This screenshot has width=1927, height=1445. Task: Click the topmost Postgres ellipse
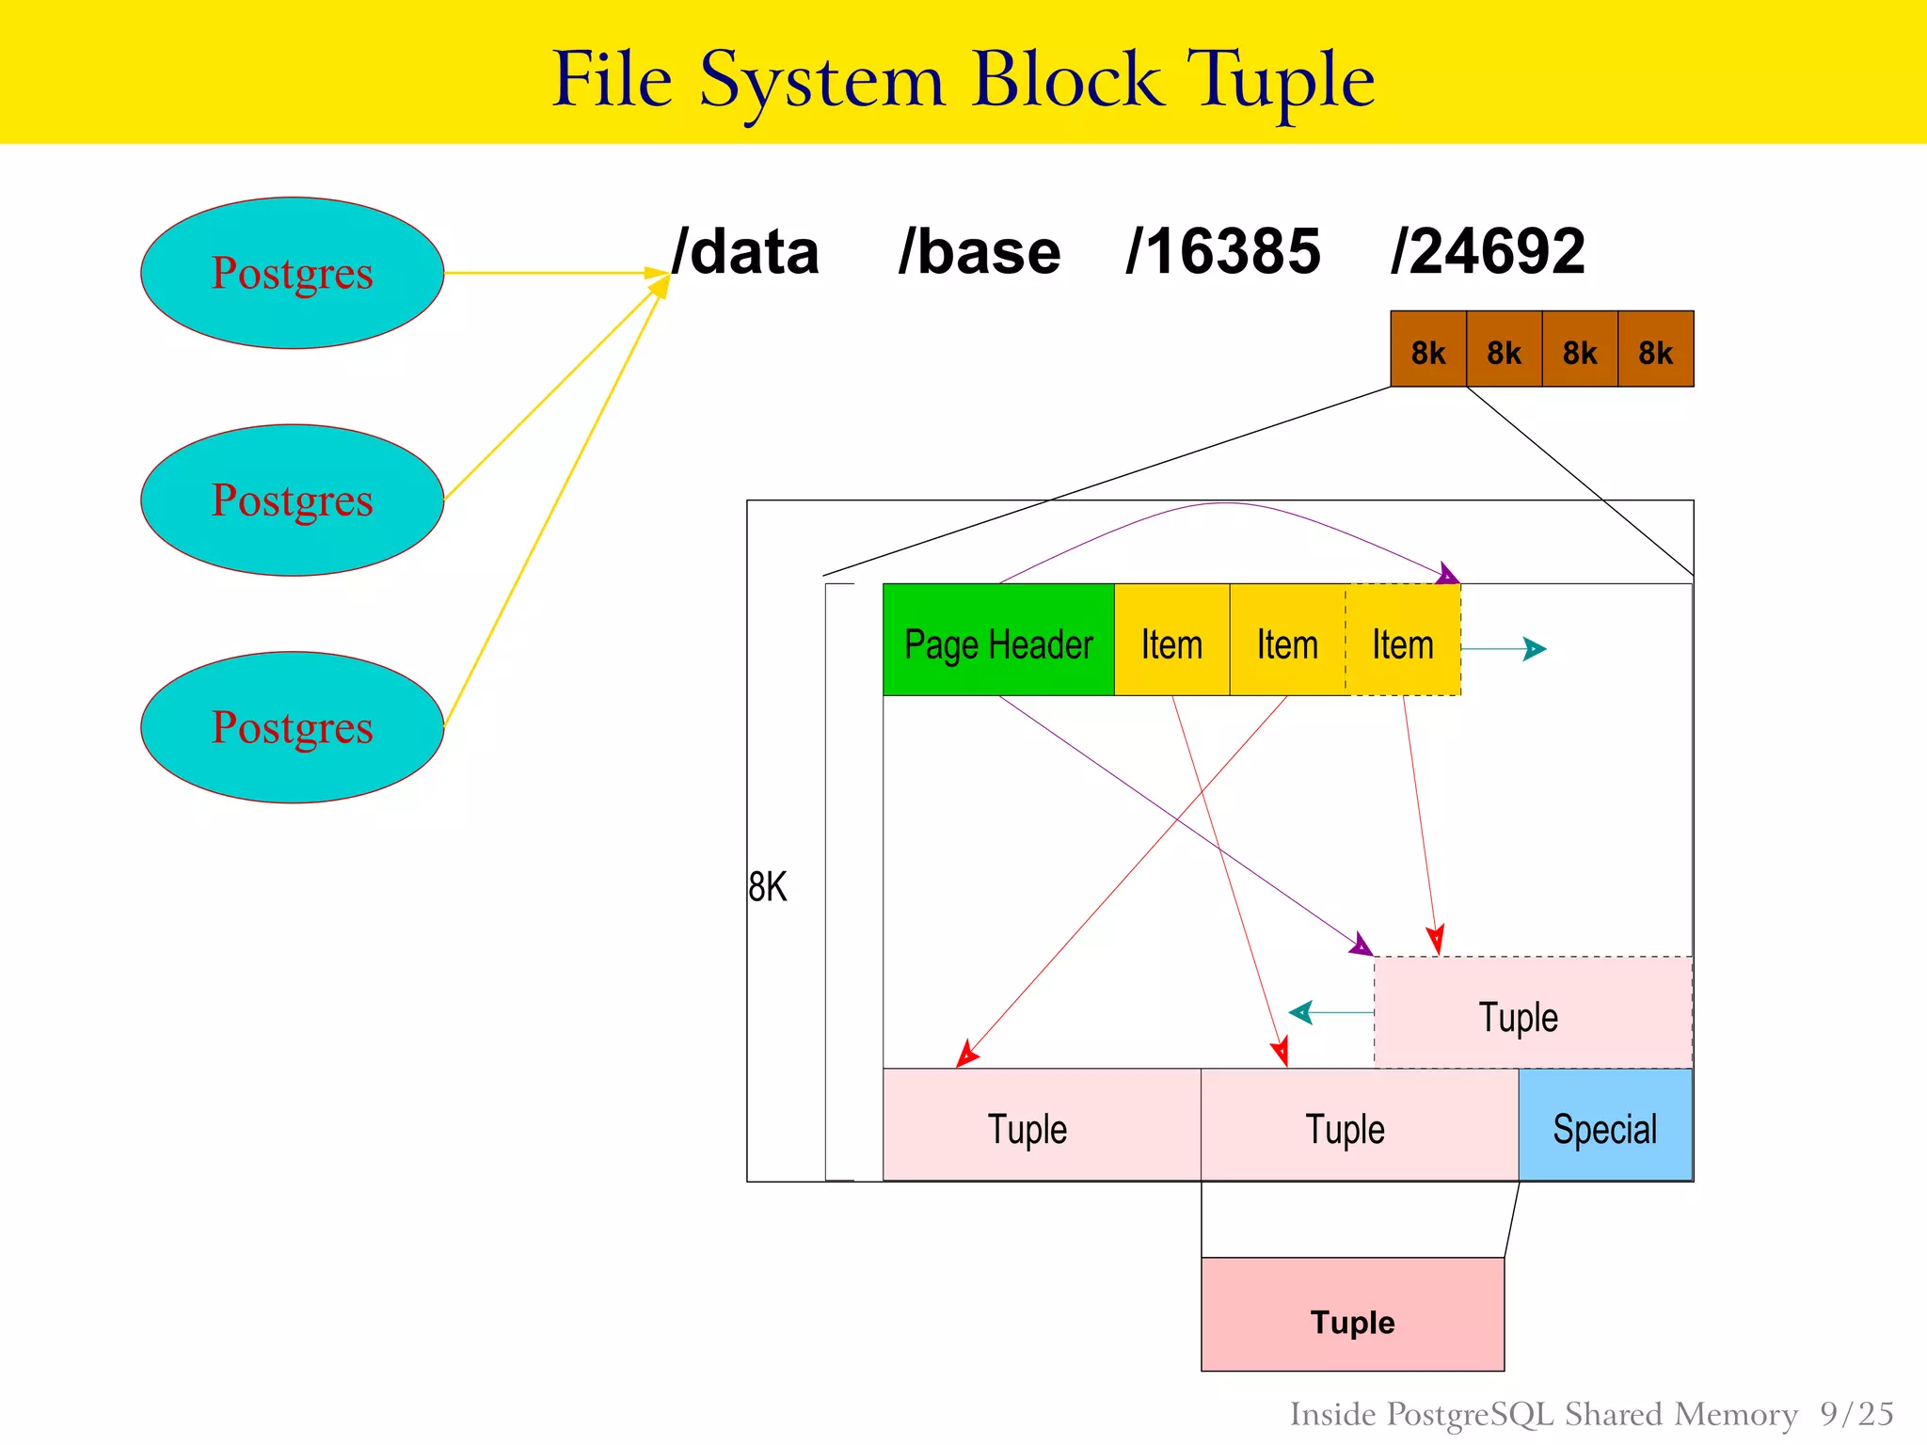(292, 273)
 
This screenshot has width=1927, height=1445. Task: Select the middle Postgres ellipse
(292, 500)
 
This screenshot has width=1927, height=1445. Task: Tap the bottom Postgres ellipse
(292, 727)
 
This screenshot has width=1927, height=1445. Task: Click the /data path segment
(745, 252)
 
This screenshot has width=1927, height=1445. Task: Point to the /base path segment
(979, 252)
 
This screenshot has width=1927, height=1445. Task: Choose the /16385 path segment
(1223, 252)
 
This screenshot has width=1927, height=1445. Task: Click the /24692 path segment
(1488, 252)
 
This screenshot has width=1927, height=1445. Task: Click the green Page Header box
(998, 641)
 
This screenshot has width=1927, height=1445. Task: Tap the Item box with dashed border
(1403, 641)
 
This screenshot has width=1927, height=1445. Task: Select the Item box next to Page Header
(1171, 641)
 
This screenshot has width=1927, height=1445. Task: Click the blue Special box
(1605, 1125)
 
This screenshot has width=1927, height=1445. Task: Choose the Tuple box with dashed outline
(1533, 1013)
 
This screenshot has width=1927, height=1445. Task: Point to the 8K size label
(767, 886)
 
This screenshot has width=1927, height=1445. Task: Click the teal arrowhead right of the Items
(1535, 649)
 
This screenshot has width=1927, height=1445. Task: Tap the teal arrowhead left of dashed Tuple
(1300, 1012)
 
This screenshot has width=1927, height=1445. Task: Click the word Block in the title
(1067, 81)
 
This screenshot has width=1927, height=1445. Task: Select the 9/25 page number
(1856, 1414)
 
